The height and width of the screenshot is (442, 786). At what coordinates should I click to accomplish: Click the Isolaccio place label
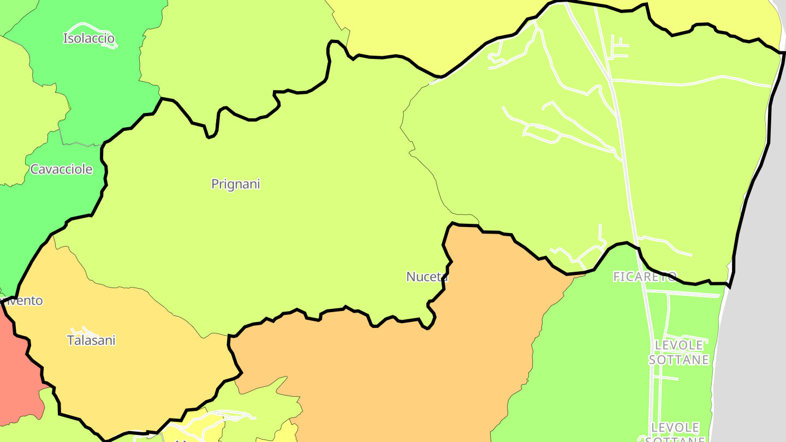coord(89,38)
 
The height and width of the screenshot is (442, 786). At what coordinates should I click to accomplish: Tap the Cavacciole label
coord(61,169)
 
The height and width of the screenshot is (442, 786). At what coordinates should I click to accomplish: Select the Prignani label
coord(236,184)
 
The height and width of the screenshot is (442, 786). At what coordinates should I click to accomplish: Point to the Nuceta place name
coord(427,277)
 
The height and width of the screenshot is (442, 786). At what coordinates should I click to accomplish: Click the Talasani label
coord(91,341)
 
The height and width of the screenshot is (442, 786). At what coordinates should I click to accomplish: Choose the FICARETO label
coord(645,277)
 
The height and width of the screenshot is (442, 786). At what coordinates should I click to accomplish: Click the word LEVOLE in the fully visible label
coord(679,345)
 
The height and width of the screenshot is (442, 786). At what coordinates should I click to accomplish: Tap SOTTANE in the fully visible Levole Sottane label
coord(678,360)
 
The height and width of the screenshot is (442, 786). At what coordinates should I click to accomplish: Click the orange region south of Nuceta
coord(393,371)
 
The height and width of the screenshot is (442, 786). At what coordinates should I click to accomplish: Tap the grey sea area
coord(759,327)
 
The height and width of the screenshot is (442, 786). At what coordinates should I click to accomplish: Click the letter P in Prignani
coord(215,184)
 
